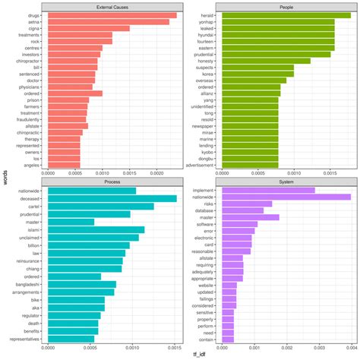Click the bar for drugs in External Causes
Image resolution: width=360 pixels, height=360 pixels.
coord(112,14)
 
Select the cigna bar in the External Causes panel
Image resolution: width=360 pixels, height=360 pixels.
coord(88,28)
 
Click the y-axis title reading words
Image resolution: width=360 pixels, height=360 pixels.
coord(5,177)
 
